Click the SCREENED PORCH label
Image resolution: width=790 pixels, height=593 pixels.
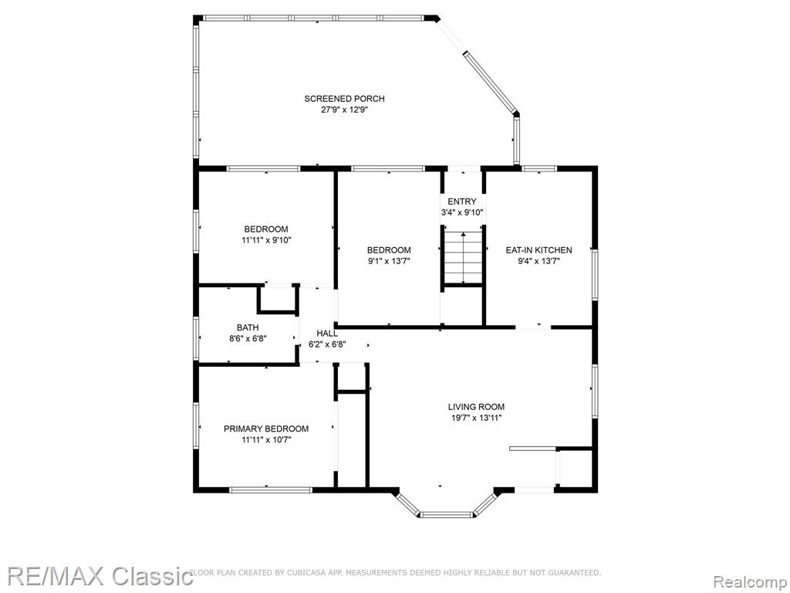pos(344,99)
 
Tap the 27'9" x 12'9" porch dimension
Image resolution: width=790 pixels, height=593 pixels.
pos(345,110)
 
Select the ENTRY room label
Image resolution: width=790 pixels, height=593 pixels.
pos(462,202)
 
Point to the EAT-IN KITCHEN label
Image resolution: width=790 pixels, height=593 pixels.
pos(538,250)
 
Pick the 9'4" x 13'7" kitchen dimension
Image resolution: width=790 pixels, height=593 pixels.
pos(539,261)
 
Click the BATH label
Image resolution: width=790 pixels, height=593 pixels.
pos(248,327)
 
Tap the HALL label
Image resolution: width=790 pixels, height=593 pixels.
pos(327,334)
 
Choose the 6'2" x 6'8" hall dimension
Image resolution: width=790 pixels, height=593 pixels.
pos(327,345)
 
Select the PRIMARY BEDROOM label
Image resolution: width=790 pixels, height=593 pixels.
pos(266,429)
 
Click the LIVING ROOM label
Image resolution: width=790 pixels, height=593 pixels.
pos(476,407)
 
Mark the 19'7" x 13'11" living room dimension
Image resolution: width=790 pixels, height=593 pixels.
pos(476,418)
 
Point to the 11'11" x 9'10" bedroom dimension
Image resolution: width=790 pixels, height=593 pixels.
pos(266,241)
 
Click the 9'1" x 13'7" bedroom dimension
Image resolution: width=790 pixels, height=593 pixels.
pos(389,261)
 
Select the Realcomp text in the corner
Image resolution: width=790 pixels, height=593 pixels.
pos(750,582)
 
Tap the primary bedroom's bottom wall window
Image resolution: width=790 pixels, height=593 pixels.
pos(271,490)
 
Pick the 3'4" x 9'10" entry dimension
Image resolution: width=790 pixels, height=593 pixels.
pos(462,213)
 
